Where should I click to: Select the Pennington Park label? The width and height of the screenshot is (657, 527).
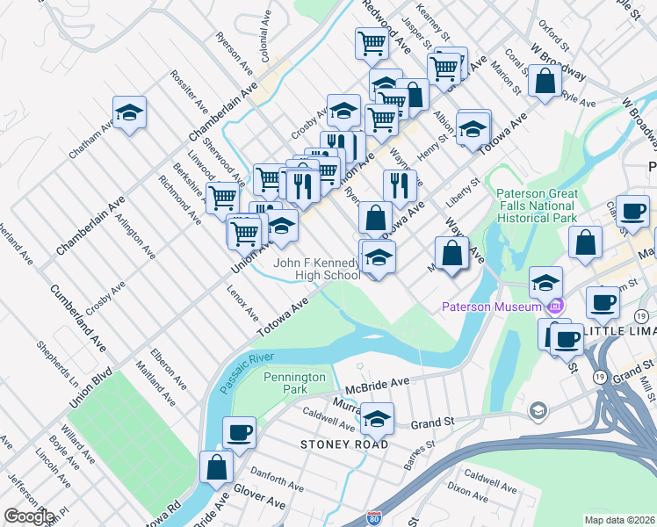tap(294, 384)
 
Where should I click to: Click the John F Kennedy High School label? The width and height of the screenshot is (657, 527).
tap(317, 269)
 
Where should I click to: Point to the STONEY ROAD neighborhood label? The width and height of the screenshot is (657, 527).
tap(343, 444)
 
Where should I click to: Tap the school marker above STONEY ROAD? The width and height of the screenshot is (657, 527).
tap(378, 420)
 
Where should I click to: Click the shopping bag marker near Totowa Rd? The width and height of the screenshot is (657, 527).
tap(216, 468)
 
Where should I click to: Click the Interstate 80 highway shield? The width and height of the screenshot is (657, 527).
tap(374, 518)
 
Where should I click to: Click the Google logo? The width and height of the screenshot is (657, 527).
tap(28, 516)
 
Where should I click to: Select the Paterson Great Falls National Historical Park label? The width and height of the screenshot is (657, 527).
tap(538, 205)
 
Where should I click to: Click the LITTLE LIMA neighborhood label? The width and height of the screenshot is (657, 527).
tap(620, 330)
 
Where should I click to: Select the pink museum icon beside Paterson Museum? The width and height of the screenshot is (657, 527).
tap(554, 307)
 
